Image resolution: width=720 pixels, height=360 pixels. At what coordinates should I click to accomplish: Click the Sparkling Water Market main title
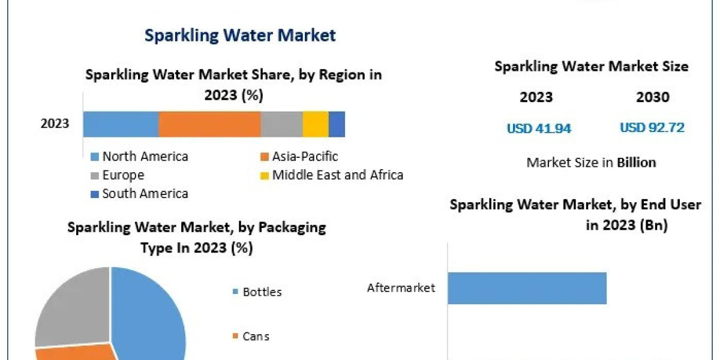240,35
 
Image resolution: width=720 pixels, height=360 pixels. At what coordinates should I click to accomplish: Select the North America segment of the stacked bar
121,124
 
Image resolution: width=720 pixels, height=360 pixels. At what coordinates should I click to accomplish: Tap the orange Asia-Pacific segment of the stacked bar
209,124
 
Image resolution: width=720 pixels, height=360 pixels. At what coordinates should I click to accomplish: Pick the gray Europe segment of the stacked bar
281,124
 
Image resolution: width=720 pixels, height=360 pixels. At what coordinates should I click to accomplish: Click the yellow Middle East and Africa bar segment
315,124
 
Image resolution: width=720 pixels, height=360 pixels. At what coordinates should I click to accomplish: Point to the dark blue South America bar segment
337,124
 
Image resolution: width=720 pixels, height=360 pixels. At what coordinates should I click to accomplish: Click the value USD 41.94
539,128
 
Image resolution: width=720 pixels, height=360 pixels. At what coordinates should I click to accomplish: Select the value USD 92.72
652,128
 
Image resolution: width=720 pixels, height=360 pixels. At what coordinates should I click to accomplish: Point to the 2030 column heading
652,97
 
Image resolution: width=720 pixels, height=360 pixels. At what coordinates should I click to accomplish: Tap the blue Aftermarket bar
527,288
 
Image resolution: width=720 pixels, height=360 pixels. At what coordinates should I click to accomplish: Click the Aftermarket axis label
401,288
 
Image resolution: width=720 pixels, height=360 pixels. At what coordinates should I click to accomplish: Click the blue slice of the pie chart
150,312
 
